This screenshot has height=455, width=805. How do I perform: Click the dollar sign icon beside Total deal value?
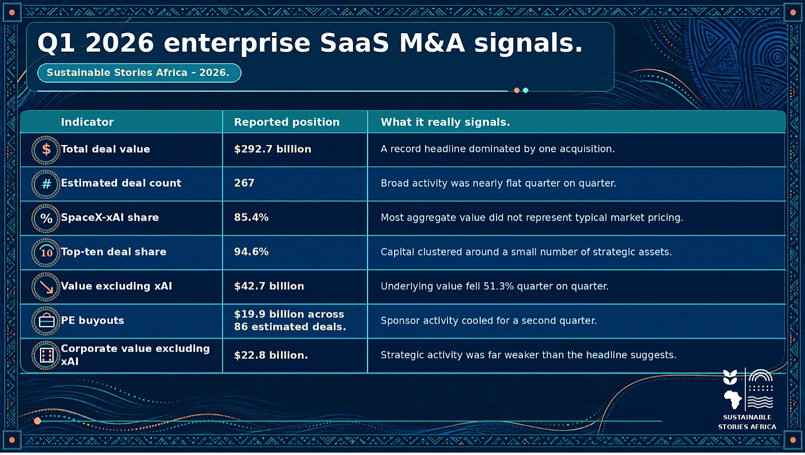[x=46, y=150]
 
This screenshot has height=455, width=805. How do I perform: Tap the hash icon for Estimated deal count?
[x=46, y=184]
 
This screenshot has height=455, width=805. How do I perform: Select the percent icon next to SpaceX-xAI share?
[x=46, y=218]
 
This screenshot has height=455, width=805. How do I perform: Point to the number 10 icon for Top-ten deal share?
[x=46, y=253]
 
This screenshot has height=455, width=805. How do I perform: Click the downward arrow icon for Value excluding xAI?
[x=46, y=287]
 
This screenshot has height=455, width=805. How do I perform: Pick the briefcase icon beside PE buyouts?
[x=46, y=321]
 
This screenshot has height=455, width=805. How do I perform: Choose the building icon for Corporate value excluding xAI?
[x=46, y=355]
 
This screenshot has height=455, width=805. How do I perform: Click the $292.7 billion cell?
[x=272, y=149]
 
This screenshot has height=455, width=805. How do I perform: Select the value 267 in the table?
[x=244, y=183]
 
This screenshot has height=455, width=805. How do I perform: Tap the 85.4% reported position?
[x=251, y=217]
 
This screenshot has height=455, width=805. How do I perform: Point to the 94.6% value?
[x=251, y=252]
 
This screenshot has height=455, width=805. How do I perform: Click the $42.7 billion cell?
[x=269, y=286]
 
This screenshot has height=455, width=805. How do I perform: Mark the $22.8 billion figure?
[x=271, y=355]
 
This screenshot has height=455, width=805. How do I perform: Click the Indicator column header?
[x=87, y=122]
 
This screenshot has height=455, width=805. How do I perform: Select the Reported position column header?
[x=287, y=122]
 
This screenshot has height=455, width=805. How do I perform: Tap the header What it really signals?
[x=445, y=122]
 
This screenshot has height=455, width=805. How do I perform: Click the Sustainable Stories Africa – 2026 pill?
[x=139, y=73]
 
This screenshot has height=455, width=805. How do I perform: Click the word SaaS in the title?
[x=354, y=43]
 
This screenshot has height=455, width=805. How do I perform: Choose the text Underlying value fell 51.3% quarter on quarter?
[x=494, y=286]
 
